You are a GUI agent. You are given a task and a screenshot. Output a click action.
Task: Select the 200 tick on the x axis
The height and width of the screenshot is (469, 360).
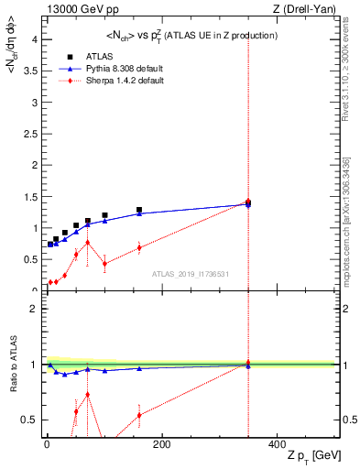tap(161, 444)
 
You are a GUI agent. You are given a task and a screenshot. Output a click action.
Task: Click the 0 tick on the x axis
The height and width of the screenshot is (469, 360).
tap(47, 444)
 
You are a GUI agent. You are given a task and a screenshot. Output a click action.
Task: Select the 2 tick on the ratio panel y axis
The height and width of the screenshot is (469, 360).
tap(33, 309)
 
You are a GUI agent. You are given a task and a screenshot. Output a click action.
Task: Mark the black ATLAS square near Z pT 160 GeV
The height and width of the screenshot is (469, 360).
tap(139, 210)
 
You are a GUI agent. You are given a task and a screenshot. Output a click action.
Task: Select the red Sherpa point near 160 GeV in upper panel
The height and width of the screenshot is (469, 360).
tap(139, 247)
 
